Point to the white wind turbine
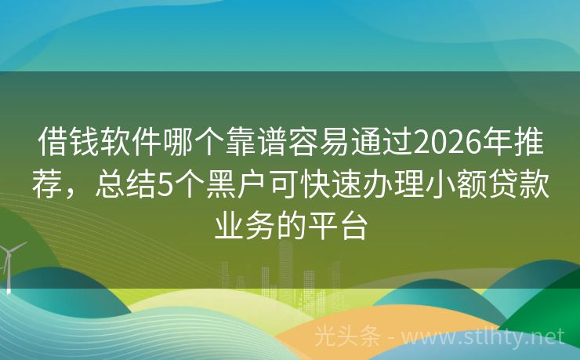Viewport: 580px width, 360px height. (9, 263)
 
